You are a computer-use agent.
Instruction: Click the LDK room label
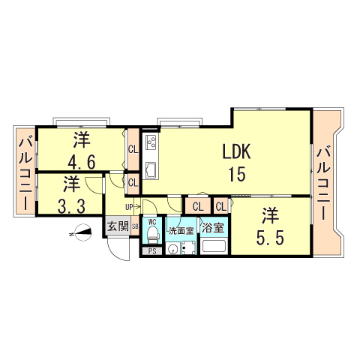coord(235,151)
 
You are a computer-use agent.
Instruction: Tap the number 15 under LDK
coord(236,175)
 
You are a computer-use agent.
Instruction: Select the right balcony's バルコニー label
coord(324,183)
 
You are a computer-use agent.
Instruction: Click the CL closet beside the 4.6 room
coord(133,148)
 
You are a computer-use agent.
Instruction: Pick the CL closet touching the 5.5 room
coord(221,206)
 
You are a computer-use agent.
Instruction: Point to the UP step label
coord(129,207)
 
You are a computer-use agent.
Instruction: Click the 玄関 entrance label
coord(116,226)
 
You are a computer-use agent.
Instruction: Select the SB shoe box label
coord(135,226)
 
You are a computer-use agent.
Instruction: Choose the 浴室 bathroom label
coord(214,227)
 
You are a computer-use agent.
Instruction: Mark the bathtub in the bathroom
coord(214,247)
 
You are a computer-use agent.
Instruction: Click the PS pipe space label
coord(151,251)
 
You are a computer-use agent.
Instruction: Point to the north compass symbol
coord(82,234)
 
